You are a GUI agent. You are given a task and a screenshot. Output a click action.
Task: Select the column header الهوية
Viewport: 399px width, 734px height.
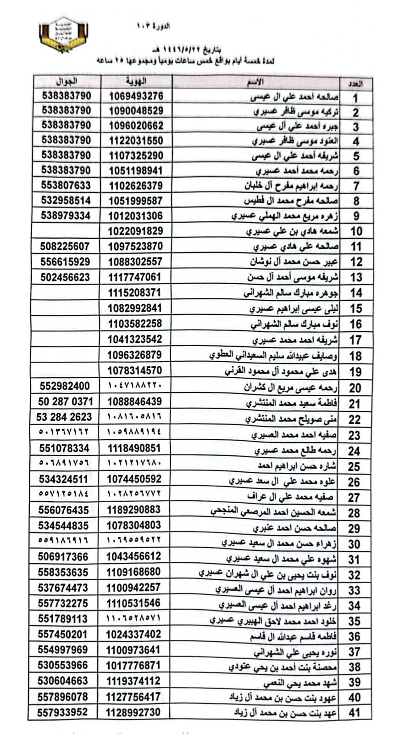pyautogui.click(x=136, y=82)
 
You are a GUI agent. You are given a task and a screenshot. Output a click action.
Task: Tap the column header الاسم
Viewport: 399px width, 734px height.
pyautogui.click(x=255, y=82)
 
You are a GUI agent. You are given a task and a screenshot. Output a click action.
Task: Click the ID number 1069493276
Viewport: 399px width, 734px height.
pyautogui.click(x=136, y=96)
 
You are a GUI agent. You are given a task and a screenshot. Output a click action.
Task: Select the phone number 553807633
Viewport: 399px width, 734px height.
pyautogui.click(x=66, y=185)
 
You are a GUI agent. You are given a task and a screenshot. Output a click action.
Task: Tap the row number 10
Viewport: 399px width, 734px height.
pyautogui.click(x=355, y=231)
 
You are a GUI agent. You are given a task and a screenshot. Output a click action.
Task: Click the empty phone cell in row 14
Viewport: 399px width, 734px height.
pyautogui.click(x=66, y=292)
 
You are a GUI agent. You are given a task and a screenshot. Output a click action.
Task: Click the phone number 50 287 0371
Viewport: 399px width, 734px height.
pyautogui.click(x=65, y=402)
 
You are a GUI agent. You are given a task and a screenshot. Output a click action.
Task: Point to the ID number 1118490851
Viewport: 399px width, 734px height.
pyautogui.click(x=134, y=448)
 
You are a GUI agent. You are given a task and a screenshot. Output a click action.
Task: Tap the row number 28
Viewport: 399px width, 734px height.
pyautogui.click(x=354, y=513)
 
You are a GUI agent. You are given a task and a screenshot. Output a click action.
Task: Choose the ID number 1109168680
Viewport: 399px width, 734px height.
pyautogui.click(x=133, y=572)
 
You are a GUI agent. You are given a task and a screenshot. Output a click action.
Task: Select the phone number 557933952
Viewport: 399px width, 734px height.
pyautogui.click(x=62, y=712)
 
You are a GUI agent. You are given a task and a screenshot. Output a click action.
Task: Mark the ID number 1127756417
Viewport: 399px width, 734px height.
pyautogui.click(x=133, y=697)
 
